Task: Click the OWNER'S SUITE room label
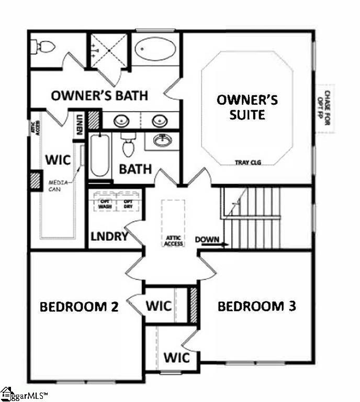[248, 107]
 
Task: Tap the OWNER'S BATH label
[99, 96]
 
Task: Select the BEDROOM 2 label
[79, 306]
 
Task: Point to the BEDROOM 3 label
[257, 306]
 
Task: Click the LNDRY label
[109, 236]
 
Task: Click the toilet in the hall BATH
[128, 146]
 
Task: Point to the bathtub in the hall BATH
[99, 155]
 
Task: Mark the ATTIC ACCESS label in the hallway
[173, 240]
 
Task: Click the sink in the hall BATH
[162, 140]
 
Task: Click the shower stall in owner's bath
[109, 50]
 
